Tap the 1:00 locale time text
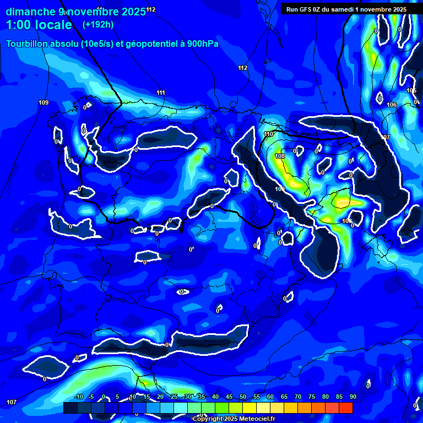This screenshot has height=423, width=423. pos(39,25)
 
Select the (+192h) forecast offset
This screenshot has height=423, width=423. pos(98,25)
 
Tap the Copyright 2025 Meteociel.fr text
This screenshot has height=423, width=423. pos(234,419)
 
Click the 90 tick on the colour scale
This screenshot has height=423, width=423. pos(352,397)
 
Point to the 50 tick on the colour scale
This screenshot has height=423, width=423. pos(242,397)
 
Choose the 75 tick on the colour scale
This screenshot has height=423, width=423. pos(311,397)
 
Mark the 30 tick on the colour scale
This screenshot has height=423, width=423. pos(187,397)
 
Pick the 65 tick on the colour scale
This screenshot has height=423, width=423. pos(284,397)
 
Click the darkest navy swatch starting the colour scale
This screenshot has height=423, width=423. pos(70,408)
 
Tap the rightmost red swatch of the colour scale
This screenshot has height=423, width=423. pos(345,408)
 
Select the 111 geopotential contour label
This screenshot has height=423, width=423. pos(161,93)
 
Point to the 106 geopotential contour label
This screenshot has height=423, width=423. pos(392,105)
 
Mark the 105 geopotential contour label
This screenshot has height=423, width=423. pos(411,91)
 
